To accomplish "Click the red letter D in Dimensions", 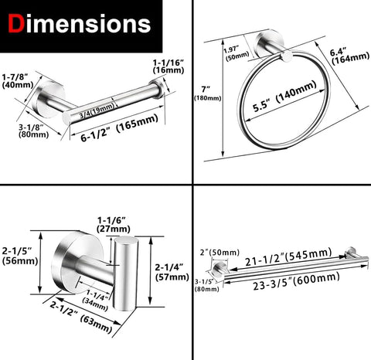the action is coord(16,23).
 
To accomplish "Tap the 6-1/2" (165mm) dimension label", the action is coord(119,128).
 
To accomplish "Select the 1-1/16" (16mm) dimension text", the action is coord(168,66).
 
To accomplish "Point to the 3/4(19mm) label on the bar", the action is coord(97,110).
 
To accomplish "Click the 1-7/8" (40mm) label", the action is coord(18,81).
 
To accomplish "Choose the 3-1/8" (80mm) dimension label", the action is coord(33,131).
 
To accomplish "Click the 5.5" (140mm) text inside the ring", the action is coord(284,97).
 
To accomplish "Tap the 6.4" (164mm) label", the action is coord(350,56).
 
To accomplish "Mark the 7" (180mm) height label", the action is coord(207,93).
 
